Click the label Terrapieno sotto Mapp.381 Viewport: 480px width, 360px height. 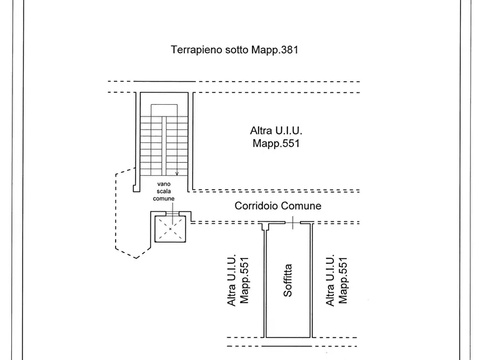(234, 50)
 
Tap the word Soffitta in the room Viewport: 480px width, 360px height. (288, 280)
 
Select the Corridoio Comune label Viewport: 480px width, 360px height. (278, 206)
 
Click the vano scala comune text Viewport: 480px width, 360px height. (164, 191)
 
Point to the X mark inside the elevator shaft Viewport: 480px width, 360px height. (170, 229)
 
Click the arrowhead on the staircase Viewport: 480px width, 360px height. (177, 174)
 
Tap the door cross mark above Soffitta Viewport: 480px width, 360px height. (292, 222)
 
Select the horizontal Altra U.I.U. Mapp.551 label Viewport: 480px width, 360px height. (276, 136)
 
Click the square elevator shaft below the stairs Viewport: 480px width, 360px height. (170, 229)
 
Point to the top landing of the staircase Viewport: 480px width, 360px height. (164, 110)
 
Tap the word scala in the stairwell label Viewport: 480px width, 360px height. (164, 191)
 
